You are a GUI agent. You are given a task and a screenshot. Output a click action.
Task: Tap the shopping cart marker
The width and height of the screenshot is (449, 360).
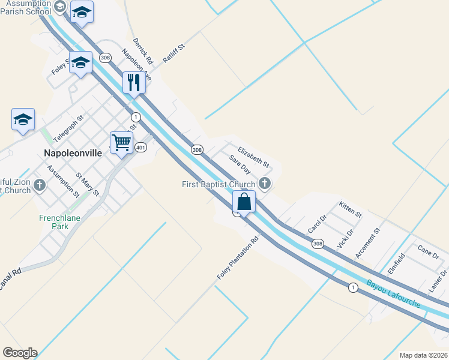coord(121,143)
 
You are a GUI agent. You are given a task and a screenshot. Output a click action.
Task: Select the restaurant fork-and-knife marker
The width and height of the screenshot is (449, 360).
coord(134,82)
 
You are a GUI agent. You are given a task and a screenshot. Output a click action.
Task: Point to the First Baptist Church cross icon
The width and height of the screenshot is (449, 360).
coord(264,184)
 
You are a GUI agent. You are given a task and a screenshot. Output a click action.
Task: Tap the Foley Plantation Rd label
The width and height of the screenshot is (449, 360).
coord(238,259)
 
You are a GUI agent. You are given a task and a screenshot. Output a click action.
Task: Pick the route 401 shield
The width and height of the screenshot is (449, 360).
coord(140,147)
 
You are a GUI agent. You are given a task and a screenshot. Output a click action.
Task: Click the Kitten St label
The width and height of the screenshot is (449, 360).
coord(351,209)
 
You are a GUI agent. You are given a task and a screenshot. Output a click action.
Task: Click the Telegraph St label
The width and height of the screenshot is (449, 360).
coord(68,129)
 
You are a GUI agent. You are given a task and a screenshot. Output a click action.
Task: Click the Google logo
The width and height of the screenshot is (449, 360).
coord(20,353)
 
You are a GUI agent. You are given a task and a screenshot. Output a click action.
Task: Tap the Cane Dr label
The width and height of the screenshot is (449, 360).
coord(429,254)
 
